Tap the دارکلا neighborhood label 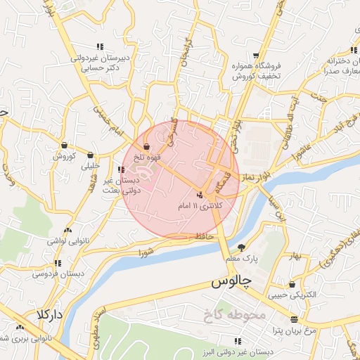tap(50, 314)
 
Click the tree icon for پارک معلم tap(242, 247)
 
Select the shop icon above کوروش tap(64, 145)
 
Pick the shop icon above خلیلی tap(90, 155)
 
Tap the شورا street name tap(146, 251)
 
